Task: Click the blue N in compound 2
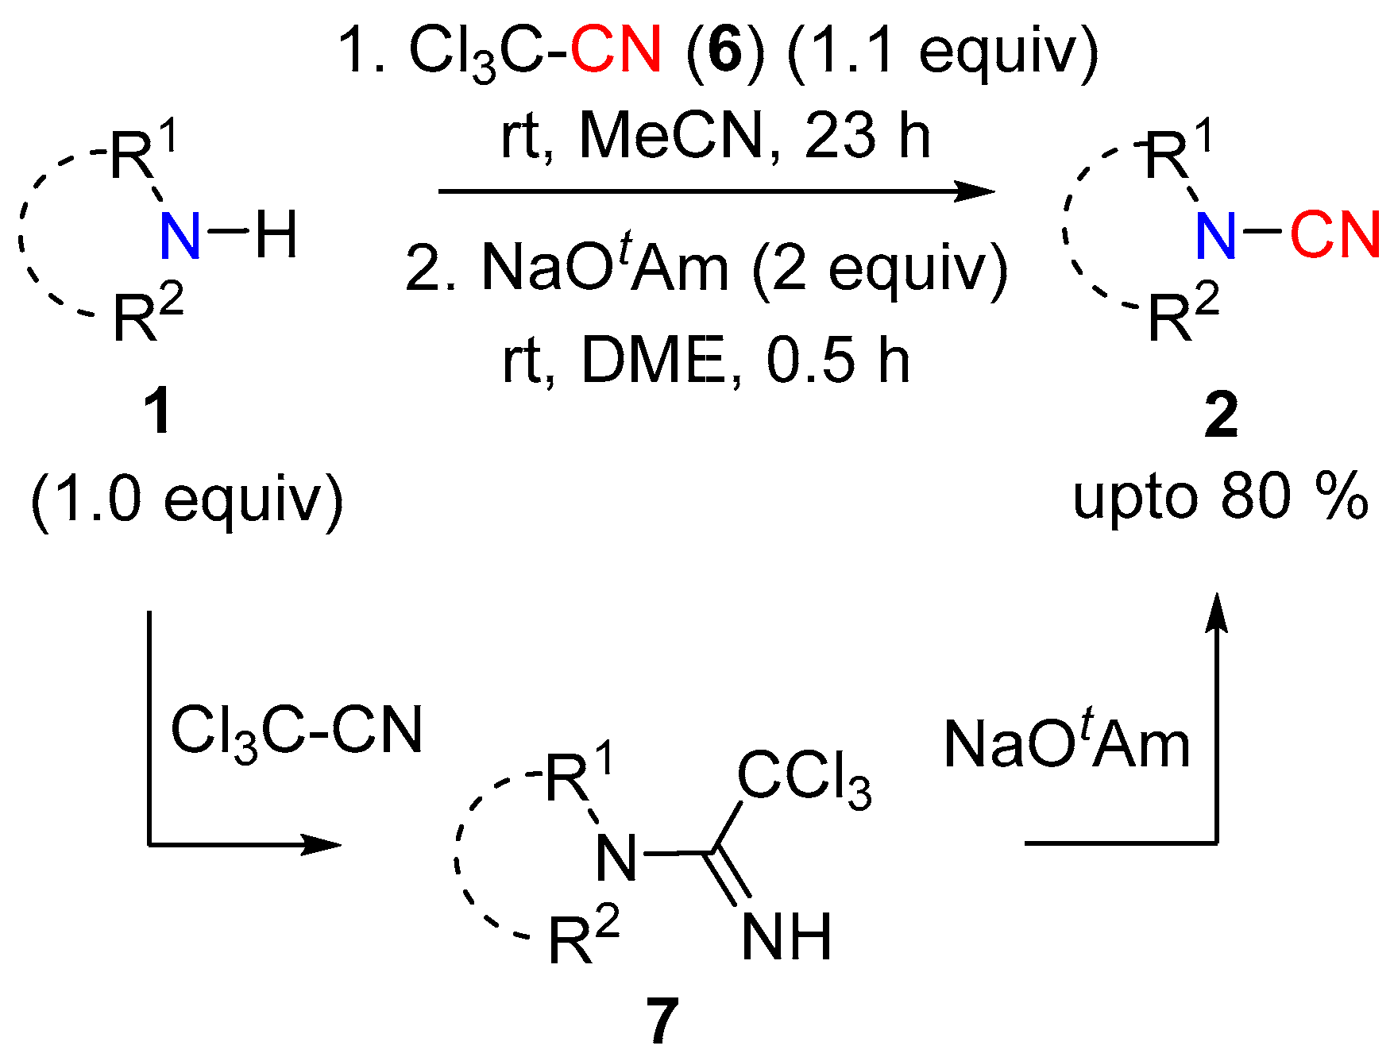(1215, 236)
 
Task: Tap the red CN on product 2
(1334, 235)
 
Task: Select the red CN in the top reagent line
(616, 49)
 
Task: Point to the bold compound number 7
(662, 1022)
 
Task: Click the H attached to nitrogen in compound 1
(276, 235)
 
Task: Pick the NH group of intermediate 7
(786, 936)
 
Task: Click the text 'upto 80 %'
(1220, 498)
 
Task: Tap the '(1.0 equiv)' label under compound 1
(187, 500)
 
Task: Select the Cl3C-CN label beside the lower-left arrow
(296, 731)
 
